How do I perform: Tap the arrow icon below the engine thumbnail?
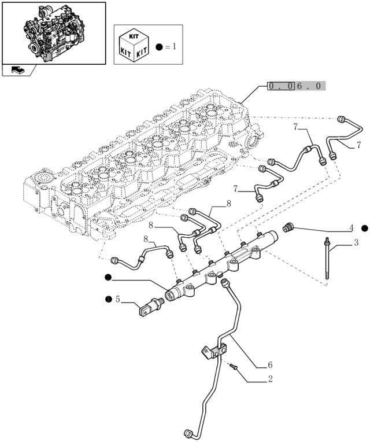pyautogui.click(x=18, y=71)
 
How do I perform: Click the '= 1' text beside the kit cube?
pyautogui.click(x=170, y=46)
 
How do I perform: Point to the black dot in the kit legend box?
pyautogui.click(x=159, y=46)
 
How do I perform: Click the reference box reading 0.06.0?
pyautogui.click(x=296, y=86)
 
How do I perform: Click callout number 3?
pyautogui.click(x=356, y=243)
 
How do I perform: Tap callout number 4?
pyautogui.click(x=351, y=228)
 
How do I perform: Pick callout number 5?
pyautogui.click(x=117, y=299)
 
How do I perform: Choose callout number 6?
pyautogui.click(x=269, y=364)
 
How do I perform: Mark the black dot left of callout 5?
pyautogui.click(x=108, y=299)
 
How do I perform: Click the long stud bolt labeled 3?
pyautogui.click(x=328, y=260)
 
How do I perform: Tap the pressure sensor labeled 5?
pyautogui.click(x=150, y=306)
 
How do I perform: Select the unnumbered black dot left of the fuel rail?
pyautogui.click(x=108, y=278)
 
